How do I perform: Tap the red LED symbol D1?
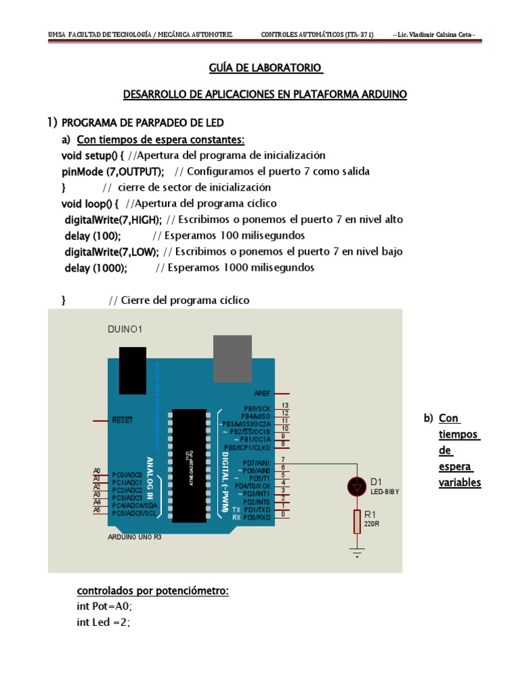pyautogui.click(x=356, y=487)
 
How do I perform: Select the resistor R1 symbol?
pyautogui.click(x=356, y=521)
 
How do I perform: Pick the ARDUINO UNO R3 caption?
pyautogui.click(x=135, y=538)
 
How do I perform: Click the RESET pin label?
pyautogui.click(x=123, y=420)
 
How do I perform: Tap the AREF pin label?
pyautogui.click(x=262, y=393)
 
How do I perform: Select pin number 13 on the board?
pyautogui.click(x=285, y=405)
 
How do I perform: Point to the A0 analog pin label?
pyautogui.click(x=97, y=470)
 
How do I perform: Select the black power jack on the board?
pyautogui.click(x=132, y=371)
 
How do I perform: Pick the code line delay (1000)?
pyautogui.click(x=96, y=268)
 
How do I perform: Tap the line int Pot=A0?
pyautogui.click(x=104, y=606)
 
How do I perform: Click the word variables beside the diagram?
pyautogui.click(x=459, y=482)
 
